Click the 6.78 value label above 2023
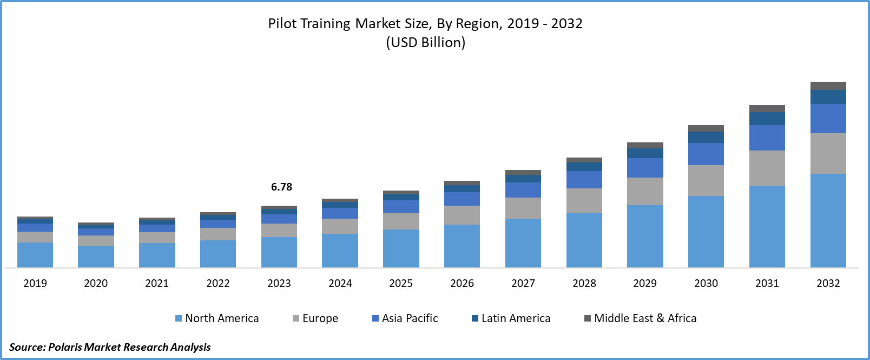[x=281, y=187]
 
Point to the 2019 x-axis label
[x=35, y=283]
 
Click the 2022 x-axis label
[x=218, y=283]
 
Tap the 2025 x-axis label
[x=401, y=283]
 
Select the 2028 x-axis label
[x=584, y=283]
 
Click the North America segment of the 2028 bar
[x=584, y=240]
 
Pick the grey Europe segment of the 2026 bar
[x=462, y=215]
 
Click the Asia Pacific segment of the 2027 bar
[x=523, y=190]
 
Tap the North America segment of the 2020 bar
[x=96, y=257]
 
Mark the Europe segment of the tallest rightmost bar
[x=828, y=153]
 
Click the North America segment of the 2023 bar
[x=279, y=252]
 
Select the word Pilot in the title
[x=282, y=24]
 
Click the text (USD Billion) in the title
[x=426, y=42]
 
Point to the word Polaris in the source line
[x=65, y=347]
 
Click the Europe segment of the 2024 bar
[x=340, y=226]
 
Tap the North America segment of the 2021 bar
[x=157, y=255]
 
